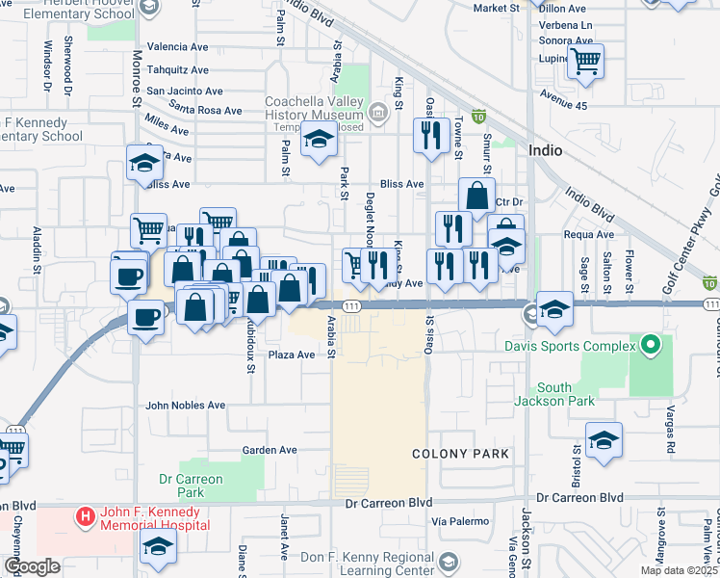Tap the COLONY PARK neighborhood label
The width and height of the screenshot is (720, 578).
459,453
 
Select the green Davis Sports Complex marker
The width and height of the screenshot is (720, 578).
651,344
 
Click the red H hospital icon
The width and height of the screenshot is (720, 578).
86,517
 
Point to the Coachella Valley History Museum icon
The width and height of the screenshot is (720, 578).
378,115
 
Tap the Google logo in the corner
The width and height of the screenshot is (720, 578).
32,566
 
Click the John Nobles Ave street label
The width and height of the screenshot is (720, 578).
185,406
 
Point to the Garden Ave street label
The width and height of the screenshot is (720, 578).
266,450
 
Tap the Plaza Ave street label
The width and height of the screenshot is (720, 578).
292,355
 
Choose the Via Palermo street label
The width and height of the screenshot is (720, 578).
455,521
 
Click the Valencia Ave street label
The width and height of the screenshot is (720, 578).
177,46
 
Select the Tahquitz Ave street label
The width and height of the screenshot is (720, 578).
177,68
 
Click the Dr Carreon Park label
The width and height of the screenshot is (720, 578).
191,486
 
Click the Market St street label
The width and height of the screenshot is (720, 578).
496,8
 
